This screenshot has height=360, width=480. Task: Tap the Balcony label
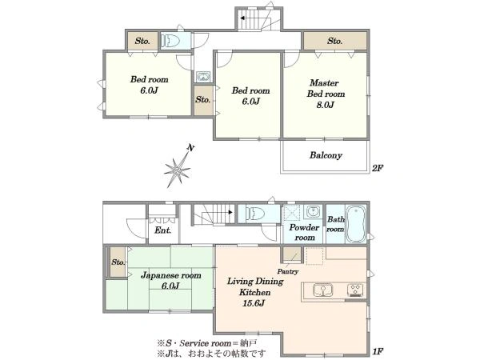[326, 155]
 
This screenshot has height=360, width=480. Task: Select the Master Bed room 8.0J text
[326, 94]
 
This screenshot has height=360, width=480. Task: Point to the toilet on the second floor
[170, 41]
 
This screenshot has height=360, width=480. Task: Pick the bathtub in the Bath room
[355, 224]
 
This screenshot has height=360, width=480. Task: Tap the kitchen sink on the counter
[322, 290]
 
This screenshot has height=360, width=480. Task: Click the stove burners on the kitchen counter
[355, 290]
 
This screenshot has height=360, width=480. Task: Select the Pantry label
[287, 271]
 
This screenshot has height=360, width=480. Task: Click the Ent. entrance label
[162, 230]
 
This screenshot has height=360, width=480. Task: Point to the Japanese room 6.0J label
[171, 281]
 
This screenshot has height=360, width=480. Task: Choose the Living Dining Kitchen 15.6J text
[255, 292]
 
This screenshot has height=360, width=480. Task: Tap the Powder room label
[304, 232]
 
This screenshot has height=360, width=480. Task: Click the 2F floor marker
[377, 168]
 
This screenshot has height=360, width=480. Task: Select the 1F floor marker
[378, 351]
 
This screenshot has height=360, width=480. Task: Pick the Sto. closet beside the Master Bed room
[335, 41]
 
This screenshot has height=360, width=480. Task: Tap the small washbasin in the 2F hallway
[203, 77]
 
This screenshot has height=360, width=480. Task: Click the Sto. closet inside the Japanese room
[118, 262]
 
